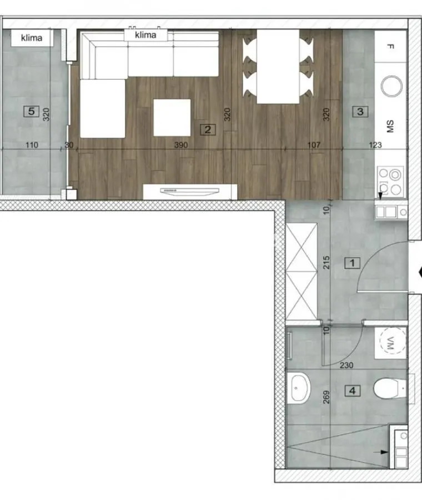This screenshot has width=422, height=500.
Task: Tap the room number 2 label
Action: pos(208,130)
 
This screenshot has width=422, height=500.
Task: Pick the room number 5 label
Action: pos(31,112)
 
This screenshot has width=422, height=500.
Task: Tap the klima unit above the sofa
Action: pos(145,35)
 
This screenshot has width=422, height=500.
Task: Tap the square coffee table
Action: pos(172,117)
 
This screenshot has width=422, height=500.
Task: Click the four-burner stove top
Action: pos(391,181)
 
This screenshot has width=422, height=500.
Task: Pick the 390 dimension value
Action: pos(181,145)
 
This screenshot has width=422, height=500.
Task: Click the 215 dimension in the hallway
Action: pos(326,262)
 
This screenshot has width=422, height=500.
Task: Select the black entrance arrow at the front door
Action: pos(419,272)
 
